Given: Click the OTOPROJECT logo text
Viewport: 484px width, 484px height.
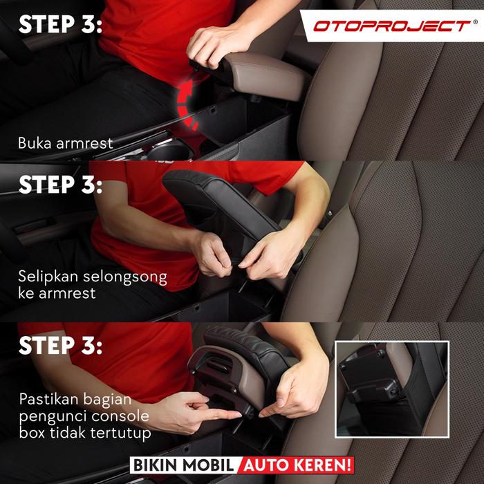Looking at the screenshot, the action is [392, 26].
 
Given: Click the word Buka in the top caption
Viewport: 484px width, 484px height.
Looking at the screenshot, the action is [35, 143].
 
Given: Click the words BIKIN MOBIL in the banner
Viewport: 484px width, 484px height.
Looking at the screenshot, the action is [184, 465].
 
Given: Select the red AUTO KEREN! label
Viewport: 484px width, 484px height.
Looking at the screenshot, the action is [297, 465].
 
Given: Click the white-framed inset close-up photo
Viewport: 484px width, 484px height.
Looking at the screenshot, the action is [392, 389].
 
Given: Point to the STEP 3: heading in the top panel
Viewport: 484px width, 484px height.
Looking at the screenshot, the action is [60, 24].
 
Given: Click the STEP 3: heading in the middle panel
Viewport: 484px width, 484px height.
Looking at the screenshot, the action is [60, 185].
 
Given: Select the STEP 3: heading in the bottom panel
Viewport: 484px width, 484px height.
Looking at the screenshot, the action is [60, 345].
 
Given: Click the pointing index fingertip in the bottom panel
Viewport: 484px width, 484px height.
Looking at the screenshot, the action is [238, 415].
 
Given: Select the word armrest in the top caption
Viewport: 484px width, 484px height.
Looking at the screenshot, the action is [84, 144].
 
